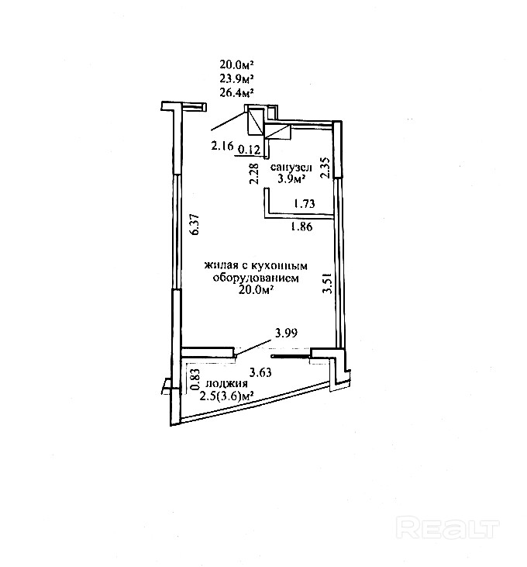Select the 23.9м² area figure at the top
[239, 79]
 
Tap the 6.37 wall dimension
[196, 225]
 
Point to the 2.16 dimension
[222, 145]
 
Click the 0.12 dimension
[249, 149]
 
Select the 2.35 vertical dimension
[325, 168]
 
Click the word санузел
[291, 167]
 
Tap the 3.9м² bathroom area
[291, 178]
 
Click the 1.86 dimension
[301, 226]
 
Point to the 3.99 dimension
[286, 334]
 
